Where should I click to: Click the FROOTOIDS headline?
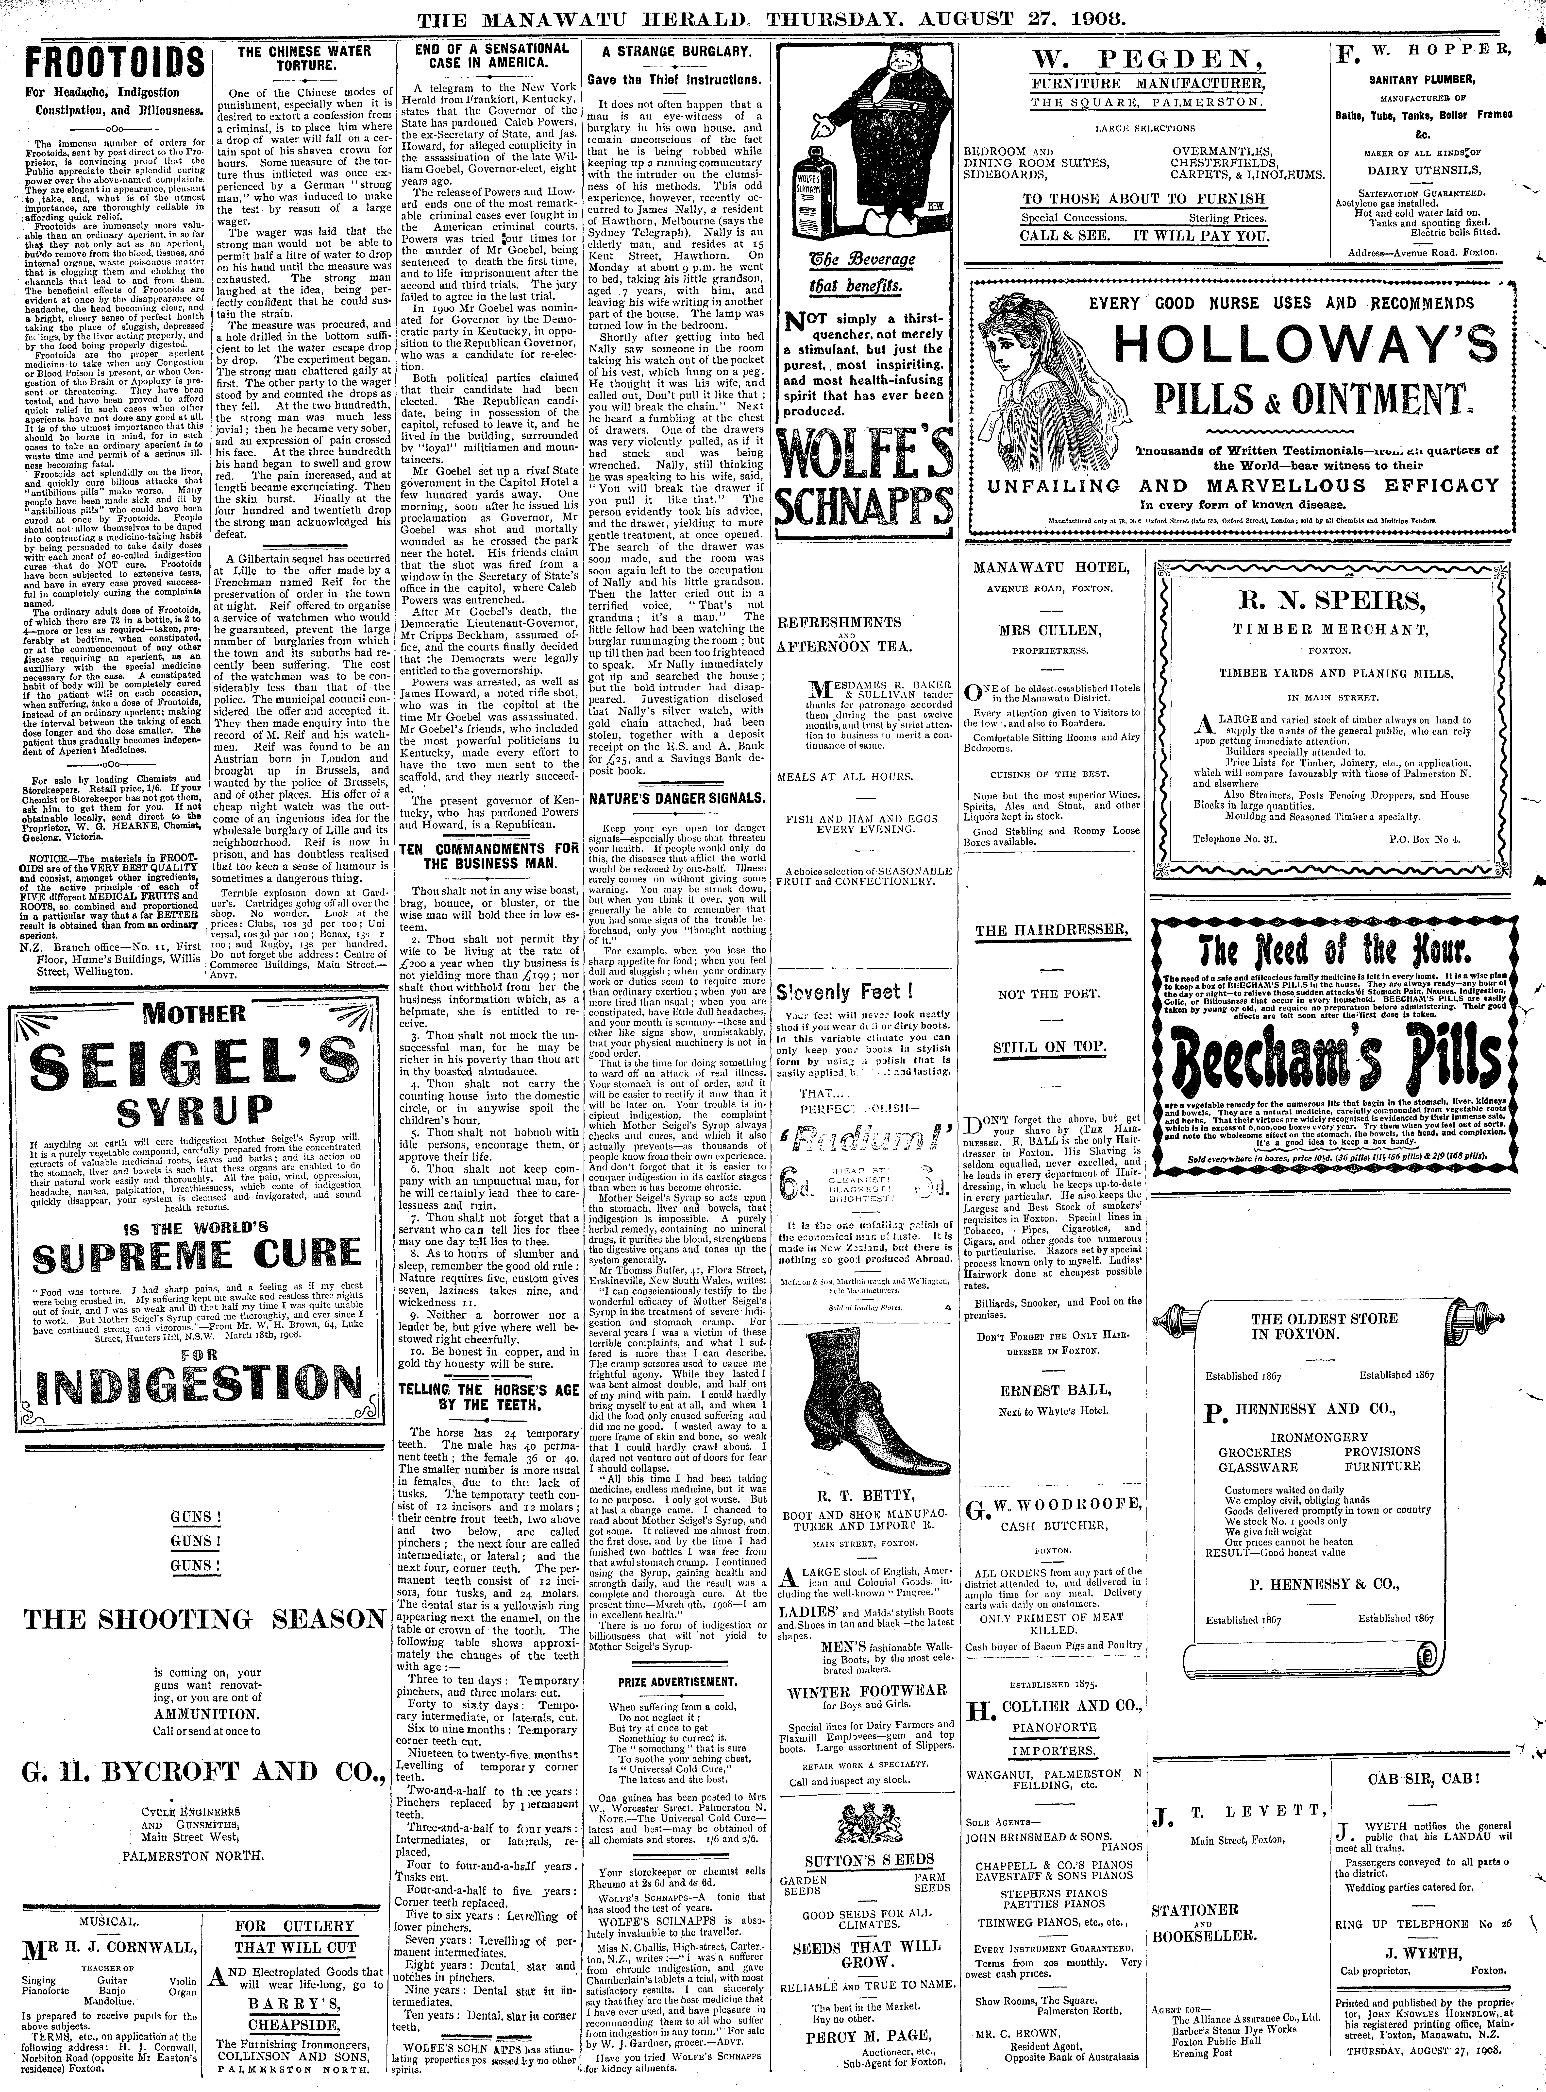tap(114, 64)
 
